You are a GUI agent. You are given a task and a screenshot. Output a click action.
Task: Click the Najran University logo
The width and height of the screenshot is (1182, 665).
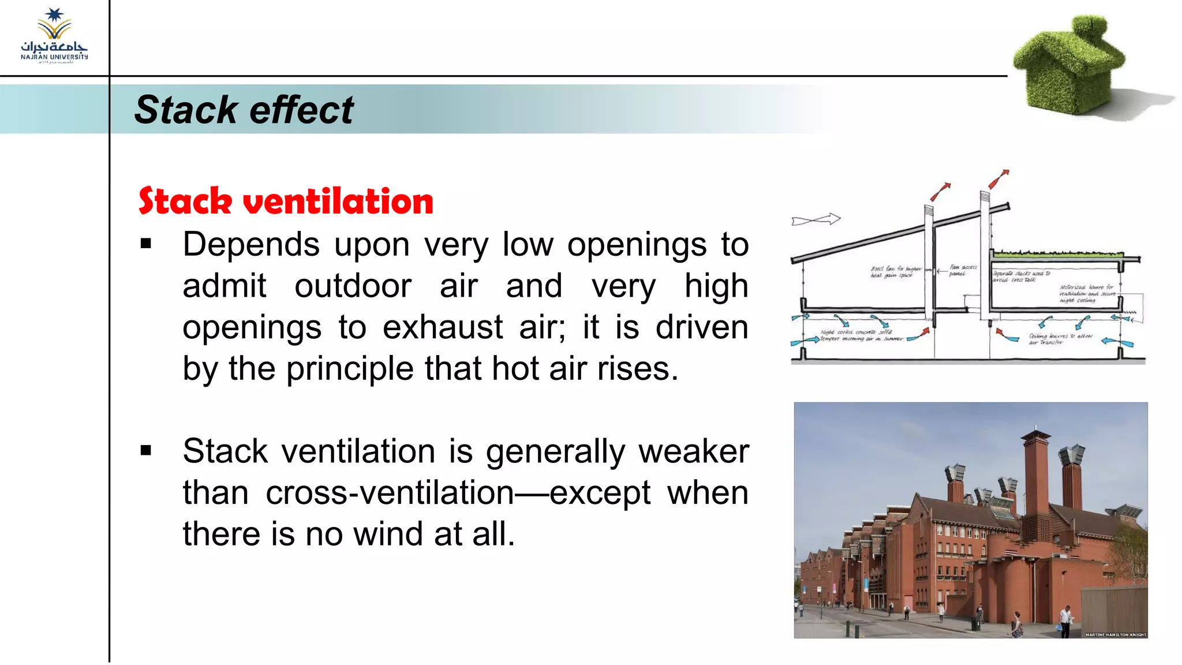(54, 36)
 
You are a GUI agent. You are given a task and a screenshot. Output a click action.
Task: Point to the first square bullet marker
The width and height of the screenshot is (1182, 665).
(146, 244)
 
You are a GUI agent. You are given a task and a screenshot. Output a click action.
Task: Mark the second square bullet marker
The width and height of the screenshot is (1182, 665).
(146, 450)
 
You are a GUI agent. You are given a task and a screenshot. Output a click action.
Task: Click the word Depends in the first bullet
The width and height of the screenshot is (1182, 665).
(251, 245)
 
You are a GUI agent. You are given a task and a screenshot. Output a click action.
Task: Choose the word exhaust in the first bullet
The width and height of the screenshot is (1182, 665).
(443, 327)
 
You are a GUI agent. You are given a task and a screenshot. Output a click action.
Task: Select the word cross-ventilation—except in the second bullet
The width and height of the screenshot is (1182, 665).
(458, 493)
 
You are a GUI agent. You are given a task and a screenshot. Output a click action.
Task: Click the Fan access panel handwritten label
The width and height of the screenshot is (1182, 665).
(962, 270)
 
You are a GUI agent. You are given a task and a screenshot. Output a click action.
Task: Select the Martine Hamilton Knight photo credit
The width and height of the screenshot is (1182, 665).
(1115, 634)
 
